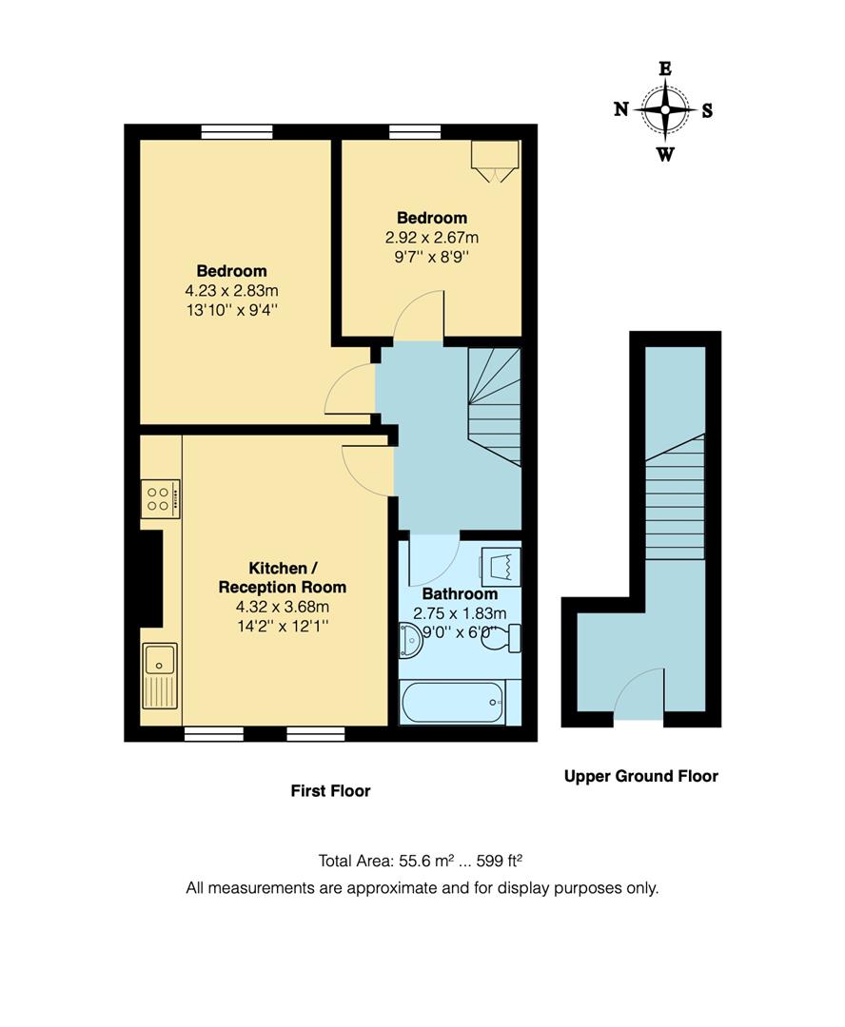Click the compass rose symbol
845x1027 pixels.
coord(664,109)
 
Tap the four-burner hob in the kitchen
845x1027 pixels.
coord(160,498)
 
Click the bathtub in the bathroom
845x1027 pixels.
coord(453,704)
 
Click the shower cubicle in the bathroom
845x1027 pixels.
coord(501,568)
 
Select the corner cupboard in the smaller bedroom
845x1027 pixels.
coord(496,159)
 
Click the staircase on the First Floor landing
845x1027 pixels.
coord(496,404)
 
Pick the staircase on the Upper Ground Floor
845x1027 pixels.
coord(675,498)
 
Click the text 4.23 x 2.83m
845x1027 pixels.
coord(232,291)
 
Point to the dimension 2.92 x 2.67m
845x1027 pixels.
coord(431,238)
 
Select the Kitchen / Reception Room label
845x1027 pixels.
coord(283,577)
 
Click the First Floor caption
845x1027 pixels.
coord(330,791)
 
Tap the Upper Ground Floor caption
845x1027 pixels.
coord(640,776)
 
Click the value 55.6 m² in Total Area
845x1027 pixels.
coord(423,862)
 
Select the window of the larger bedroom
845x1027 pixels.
coord(237,131)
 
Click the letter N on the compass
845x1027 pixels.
coord(620,109)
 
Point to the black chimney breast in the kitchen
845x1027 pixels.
coord(151,578)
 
